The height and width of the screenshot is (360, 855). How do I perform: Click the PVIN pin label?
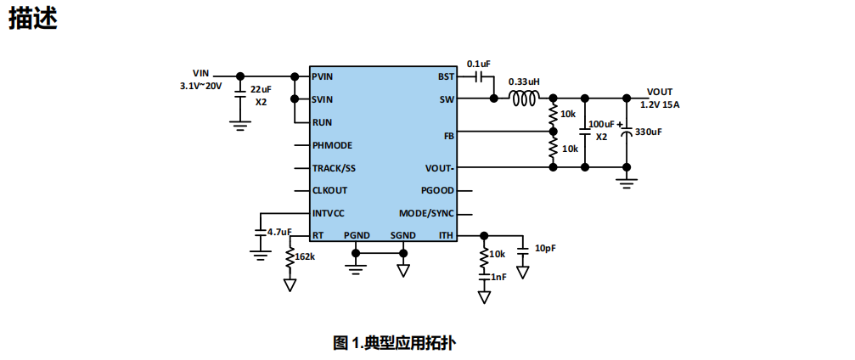pyautogui.click(x=322, y=76)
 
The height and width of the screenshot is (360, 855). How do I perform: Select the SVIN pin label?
pyautogui.click(x=322, y=99)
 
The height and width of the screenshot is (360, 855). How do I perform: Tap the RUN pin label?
pyautogui.click(x=321, y=122)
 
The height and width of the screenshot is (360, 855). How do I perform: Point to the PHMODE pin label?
pyautogui.click(x=331, y=145)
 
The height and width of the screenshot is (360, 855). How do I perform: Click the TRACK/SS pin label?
pyautogui.click(x=334, y=168)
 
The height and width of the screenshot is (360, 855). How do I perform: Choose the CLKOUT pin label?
pyautogui.click(x=329, y=190)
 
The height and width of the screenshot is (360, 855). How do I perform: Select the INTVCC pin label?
pyautogui.click(x=328, y=213)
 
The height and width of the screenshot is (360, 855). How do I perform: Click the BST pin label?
pyautogui.click(x=446, y=76)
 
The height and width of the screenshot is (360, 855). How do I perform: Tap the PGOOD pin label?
pyautogui.click(x=438, y=190)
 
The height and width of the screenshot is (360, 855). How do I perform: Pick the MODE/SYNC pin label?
pyautogui.click(x=427, y=213)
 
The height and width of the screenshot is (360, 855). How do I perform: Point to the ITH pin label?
pyautogui.click(x=447, y=235)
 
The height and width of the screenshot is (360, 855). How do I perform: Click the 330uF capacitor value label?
pyautogui.click(x=649, y=132)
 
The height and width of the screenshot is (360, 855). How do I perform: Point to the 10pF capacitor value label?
pyautogui.click(x=546, y=248)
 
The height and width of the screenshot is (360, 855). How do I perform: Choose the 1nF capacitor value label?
pyautogui.click(x=498, y=277)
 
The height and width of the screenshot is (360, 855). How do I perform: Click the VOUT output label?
pyautogui.click(x=660, y=92)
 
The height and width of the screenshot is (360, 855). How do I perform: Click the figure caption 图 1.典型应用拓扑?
pyautogui.click(x=394, y=343)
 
